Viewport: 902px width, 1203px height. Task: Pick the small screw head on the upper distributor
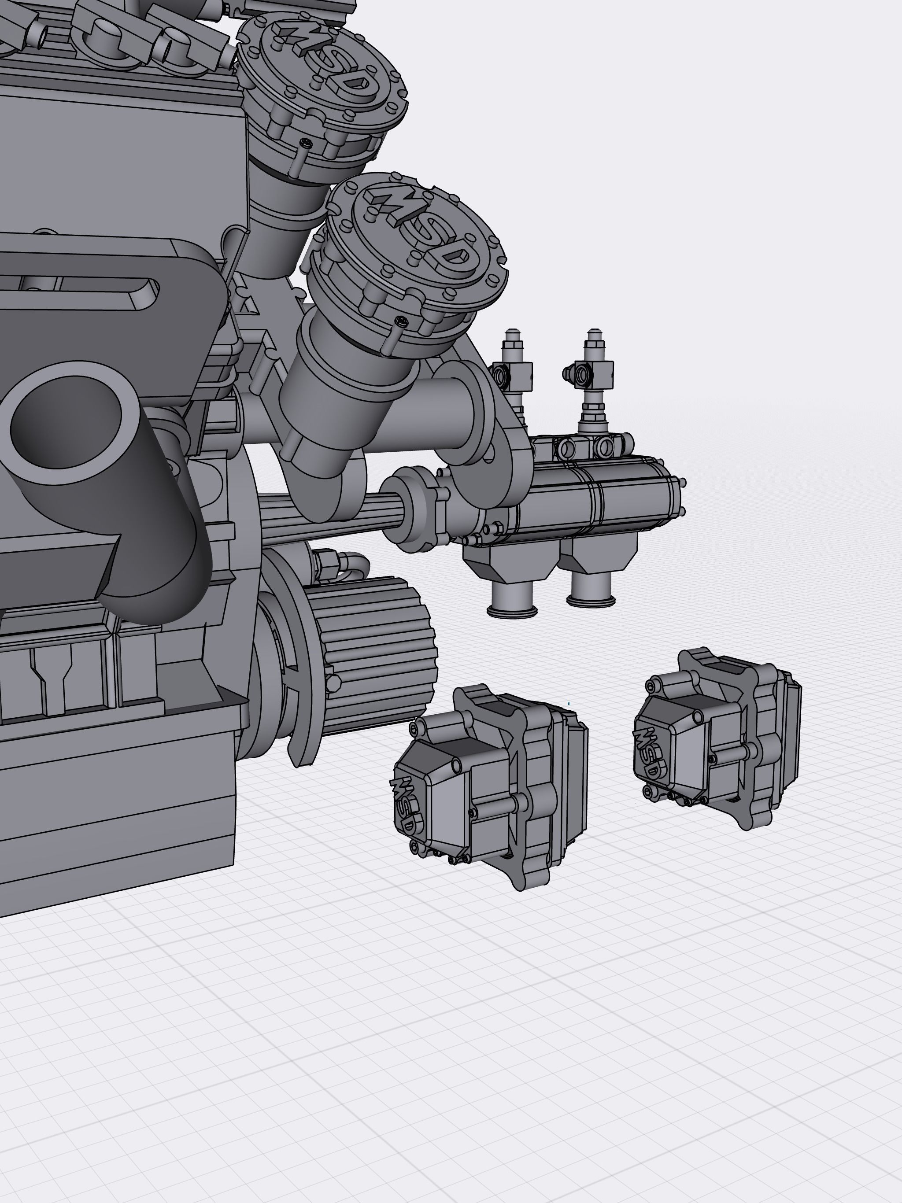306,144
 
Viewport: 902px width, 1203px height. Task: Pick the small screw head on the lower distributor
402,321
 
